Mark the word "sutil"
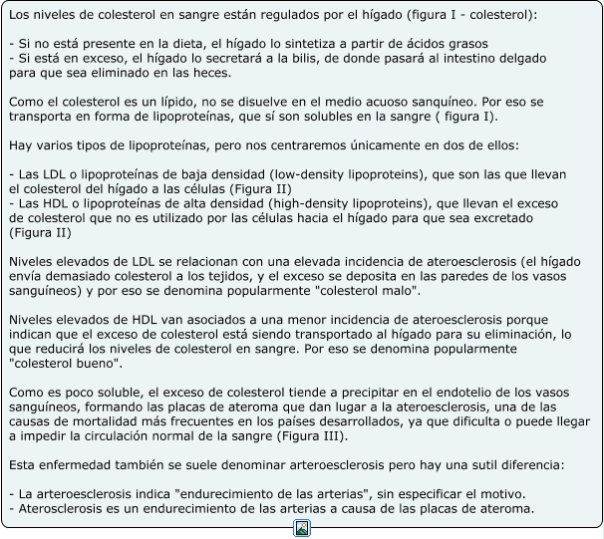point(481,465)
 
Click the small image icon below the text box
point(302,528)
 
